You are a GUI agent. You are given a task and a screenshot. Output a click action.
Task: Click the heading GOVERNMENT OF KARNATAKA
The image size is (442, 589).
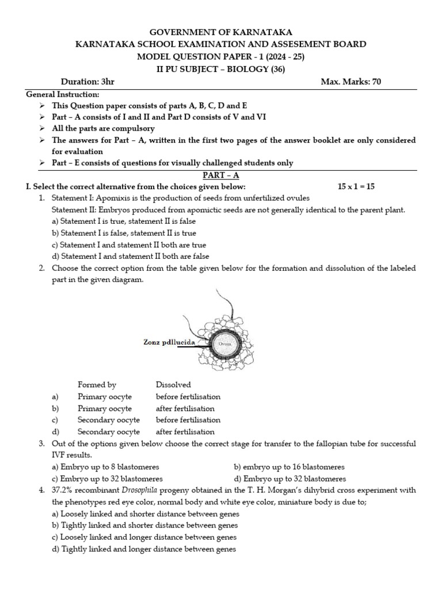click(x=221, y=32)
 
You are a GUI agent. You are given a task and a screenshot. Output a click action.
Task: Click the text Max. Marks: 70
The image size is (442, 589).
click(x=350, y=82)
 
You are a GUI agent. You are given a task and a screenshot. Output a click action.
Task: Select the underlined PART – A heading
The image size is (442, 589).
click(x=221, y=175)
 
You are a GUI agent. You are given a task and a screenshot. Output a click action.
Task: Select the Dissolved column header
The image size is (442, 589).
click(x=173, y=385)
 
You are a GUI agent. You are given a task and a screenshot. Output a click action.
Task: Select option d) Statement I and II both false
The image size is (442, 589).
click(x=130, y=257)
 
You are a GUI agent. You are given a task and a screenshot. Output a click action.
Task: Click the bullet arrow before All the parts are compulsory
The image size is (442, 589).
click(x=42, y=128)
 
